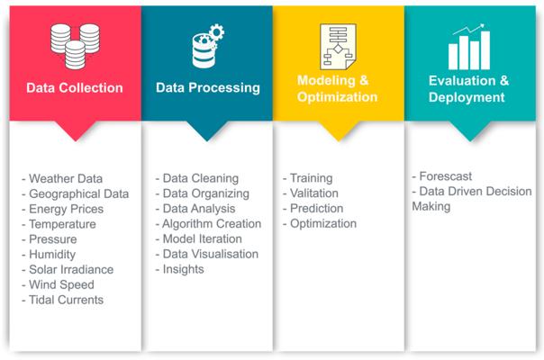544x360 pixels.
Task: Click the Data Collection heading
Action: (75, 87)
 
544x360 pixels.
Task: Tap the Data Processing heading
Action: (208, 87)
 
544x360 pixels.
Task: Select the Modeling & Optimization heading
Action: (337, 88)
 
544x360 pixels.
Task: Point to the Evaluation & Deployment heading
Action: (468, 89)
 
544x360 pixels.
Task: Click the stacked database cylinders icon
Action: (75, 46)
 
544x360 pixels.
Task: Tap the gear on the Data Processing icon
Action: (217, 32)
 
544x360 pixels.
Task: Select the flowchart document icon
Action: (338, 47)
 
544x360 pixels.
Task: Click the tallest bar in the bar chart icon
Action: (485, 50)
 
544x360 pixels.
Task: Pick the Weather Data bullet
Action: (62, 178)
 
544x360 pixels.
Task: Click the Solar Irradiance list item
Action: (68, 269)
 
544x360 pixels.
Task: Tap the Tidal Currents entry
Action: (62, 300)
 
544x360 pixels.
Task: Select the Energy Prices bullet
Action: (62, 209)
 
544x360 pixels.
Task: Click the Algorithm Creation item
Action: (208, 224)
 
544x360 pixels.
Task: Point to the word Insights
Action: (183, 269)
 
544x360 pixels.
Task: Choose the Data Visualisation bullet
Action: (207, 254)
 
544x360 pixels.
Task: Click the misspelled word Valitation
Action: (314, 193)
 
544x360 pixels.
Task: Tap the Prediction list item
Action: (313, 209)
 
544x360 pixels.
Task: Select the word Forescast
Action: (446, 176)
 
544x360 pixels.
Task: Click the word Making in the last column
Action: (431, 207)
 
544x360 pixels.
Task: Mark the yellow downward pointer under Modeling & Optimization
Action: (339, 131)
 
